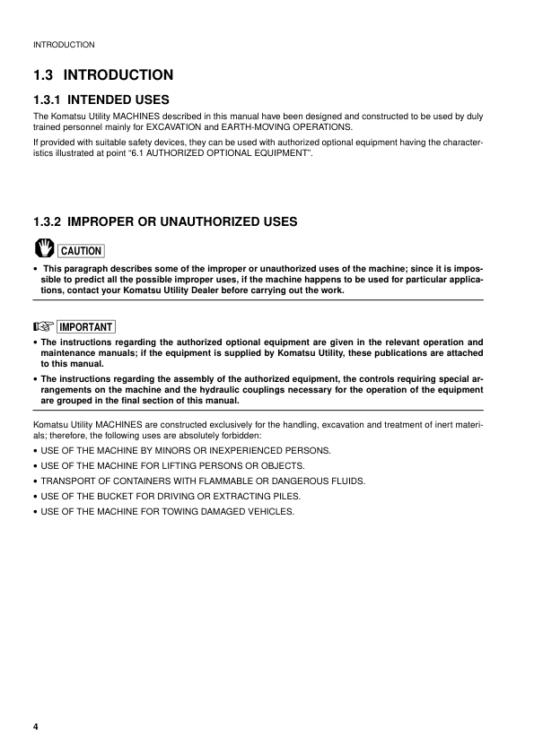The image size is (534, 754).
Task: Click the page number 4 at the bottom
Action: click(35, 726)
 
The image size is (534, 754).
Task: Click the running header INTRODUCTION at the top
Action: click(64, 44)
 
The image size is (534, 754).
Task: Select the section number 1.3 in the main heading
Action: click(44, 75)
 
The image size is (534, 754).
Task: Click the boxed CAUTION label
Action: click(80, 251)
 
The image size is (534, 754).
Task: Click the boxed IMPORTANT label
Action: click(86, 326)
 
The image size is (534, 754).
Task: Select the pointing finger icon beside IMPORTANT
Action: click(42, 326)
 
